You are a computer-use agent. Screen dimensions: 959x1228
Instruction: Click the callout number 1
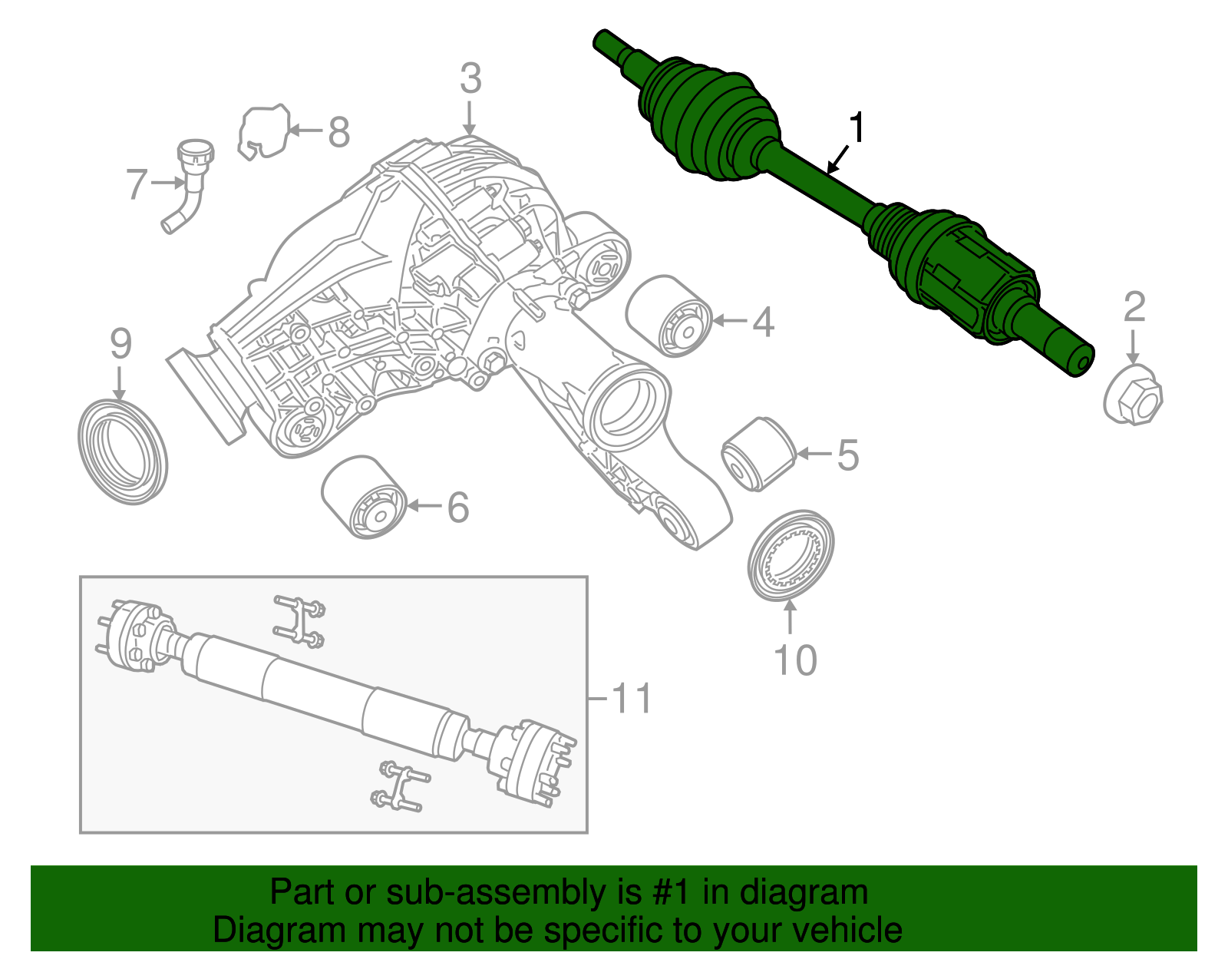[857, 128]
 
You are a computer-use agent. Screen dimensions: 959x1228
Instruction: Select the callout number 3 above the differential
[470, 79]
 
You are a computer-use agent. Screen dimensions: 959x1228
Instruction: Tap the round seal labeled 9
[123, 451]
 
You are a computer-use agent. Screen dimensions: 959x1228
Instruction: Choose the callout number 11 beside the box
[632, 698]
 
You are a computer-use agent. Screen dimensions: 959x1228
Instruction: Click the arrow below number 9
[119, 382]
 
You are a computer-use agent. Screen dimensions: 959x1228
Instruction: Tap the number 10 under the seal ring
[795, 660]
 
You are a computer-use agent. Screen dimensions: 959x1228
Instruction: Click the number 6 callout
[458, 508]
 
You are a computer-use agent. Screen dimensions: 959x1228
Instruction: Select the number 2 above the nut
[1134, 307]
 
